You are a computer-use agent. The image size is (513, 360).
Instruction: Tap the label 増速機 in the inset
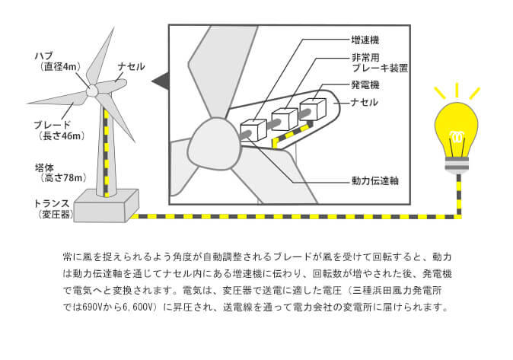coord(366,40)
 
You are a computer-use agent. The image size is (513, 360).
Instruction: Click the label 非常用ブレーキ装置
coord(378,62)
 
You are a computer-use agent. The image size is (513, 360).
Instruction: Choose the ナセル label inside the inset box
coord(365,102)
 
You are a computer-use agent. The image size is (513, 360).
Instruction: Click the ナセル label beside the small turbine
coord(130,67)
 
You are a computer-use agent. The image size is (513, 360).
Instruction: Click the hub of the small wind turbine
coord(92,91)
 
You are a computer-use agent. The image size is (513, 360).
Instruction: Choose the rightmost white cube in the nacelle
coord(312,109)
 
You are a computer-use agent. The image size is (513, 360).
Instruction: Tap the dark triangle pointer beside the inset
coord(159,78)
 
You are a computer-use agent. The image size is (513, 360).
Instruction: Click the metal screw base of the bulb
coord(457,165)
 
